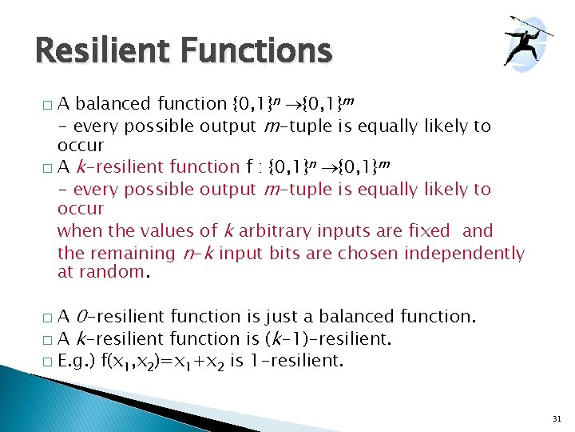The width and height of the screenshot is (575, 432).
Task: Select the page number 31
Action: [x=556, y=418]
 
